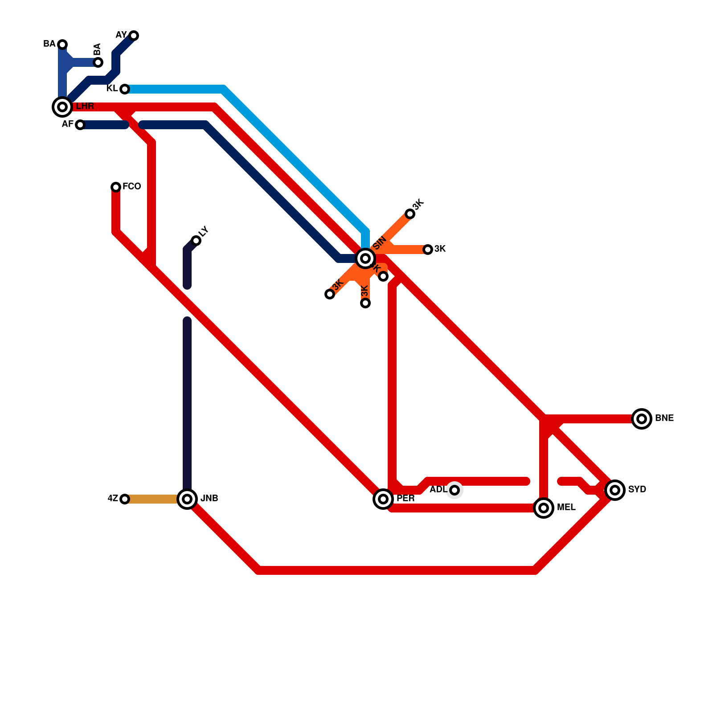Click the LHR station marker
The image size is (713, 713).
62,107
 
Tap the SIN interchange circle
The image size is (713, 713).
365,258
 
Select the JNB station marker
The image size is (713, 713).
187,499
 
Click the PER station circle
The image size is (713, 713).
383,499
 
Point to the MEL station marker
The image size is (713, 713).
544,508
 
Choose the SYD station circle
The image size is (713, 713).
615,490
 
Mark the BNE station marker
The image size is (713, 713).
642,418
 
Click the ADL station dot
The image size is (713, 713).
455,490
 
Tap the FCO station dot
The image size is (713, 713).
116,187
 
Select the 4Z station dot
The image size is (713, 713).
125,499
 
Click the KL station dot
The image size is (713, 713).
125,89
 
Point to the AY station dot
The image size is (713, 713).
134,36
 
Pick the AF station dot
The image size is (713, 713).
80,125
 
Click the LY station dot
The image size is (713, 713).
196,241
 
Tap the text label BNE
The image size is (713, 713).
664,418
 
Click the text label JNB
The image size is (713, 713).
209,499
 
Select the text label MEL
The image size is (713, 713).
566,508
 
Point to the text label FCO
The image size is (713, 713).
132,187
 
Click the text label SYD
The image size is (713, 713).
637,490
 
